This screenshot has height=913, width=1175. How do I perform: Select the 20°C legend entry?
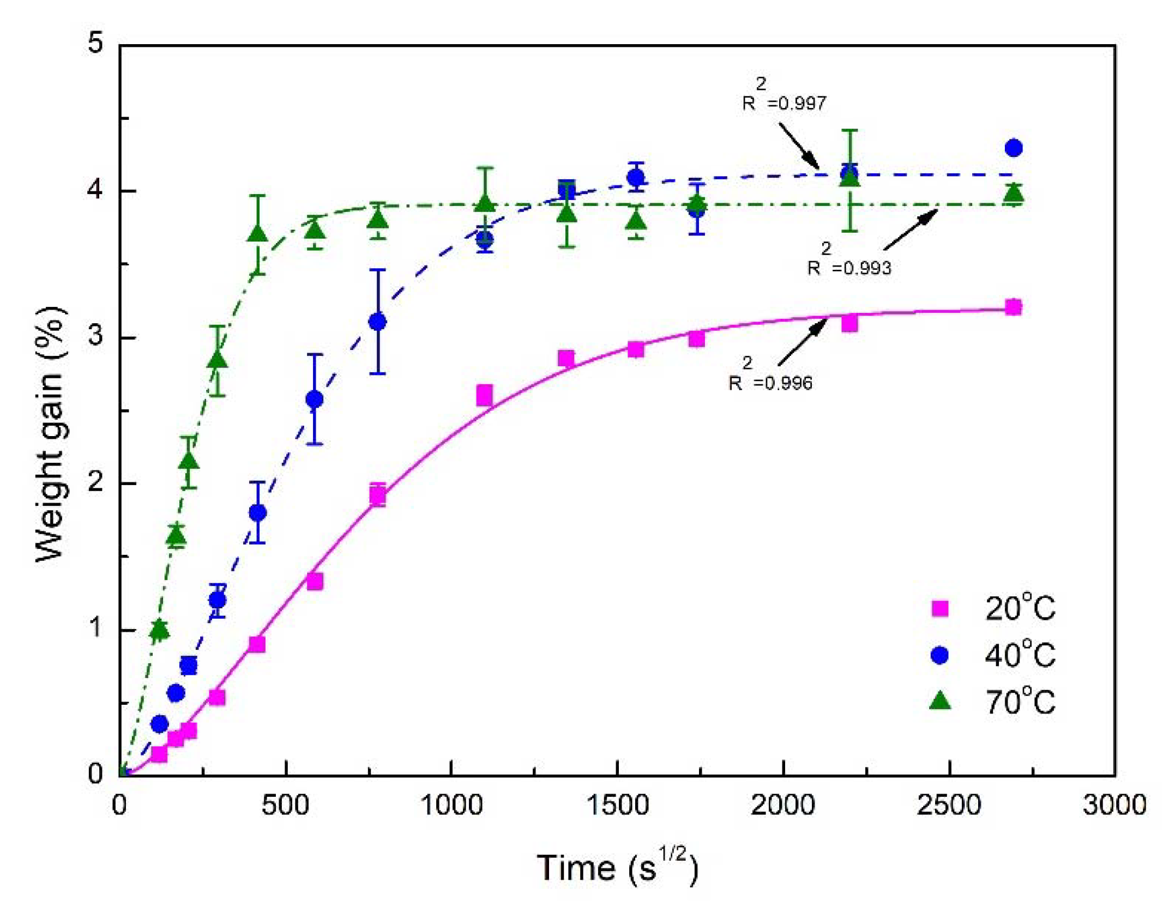click(992, 608)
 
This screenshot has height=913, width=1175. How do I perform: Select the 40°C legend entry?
click(992, 655)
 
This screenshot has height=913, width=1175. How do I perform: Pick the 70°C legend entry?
click(992, 702)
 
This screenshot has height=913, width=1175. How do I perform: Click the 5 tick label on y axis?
click(95, 42)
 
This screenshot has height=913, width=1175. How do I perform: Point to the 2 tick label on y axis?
click(95, 482)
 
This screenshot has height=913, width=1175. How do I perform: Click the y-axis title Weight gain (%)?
click(51, 433)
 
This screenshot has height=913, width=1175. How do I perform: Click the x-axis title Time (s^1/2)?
click(617, 867)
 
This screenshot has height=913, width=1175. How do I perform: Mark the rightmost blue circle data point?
click(1013, 148)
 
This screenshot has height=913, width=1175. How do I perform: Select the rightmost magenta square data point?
click(1013, 307)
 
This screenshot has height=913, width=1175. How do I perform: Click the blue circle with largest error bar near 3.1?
click(377, 322)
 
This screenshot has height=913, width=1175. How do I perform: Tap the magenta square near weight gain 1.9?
click(377, 495)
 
